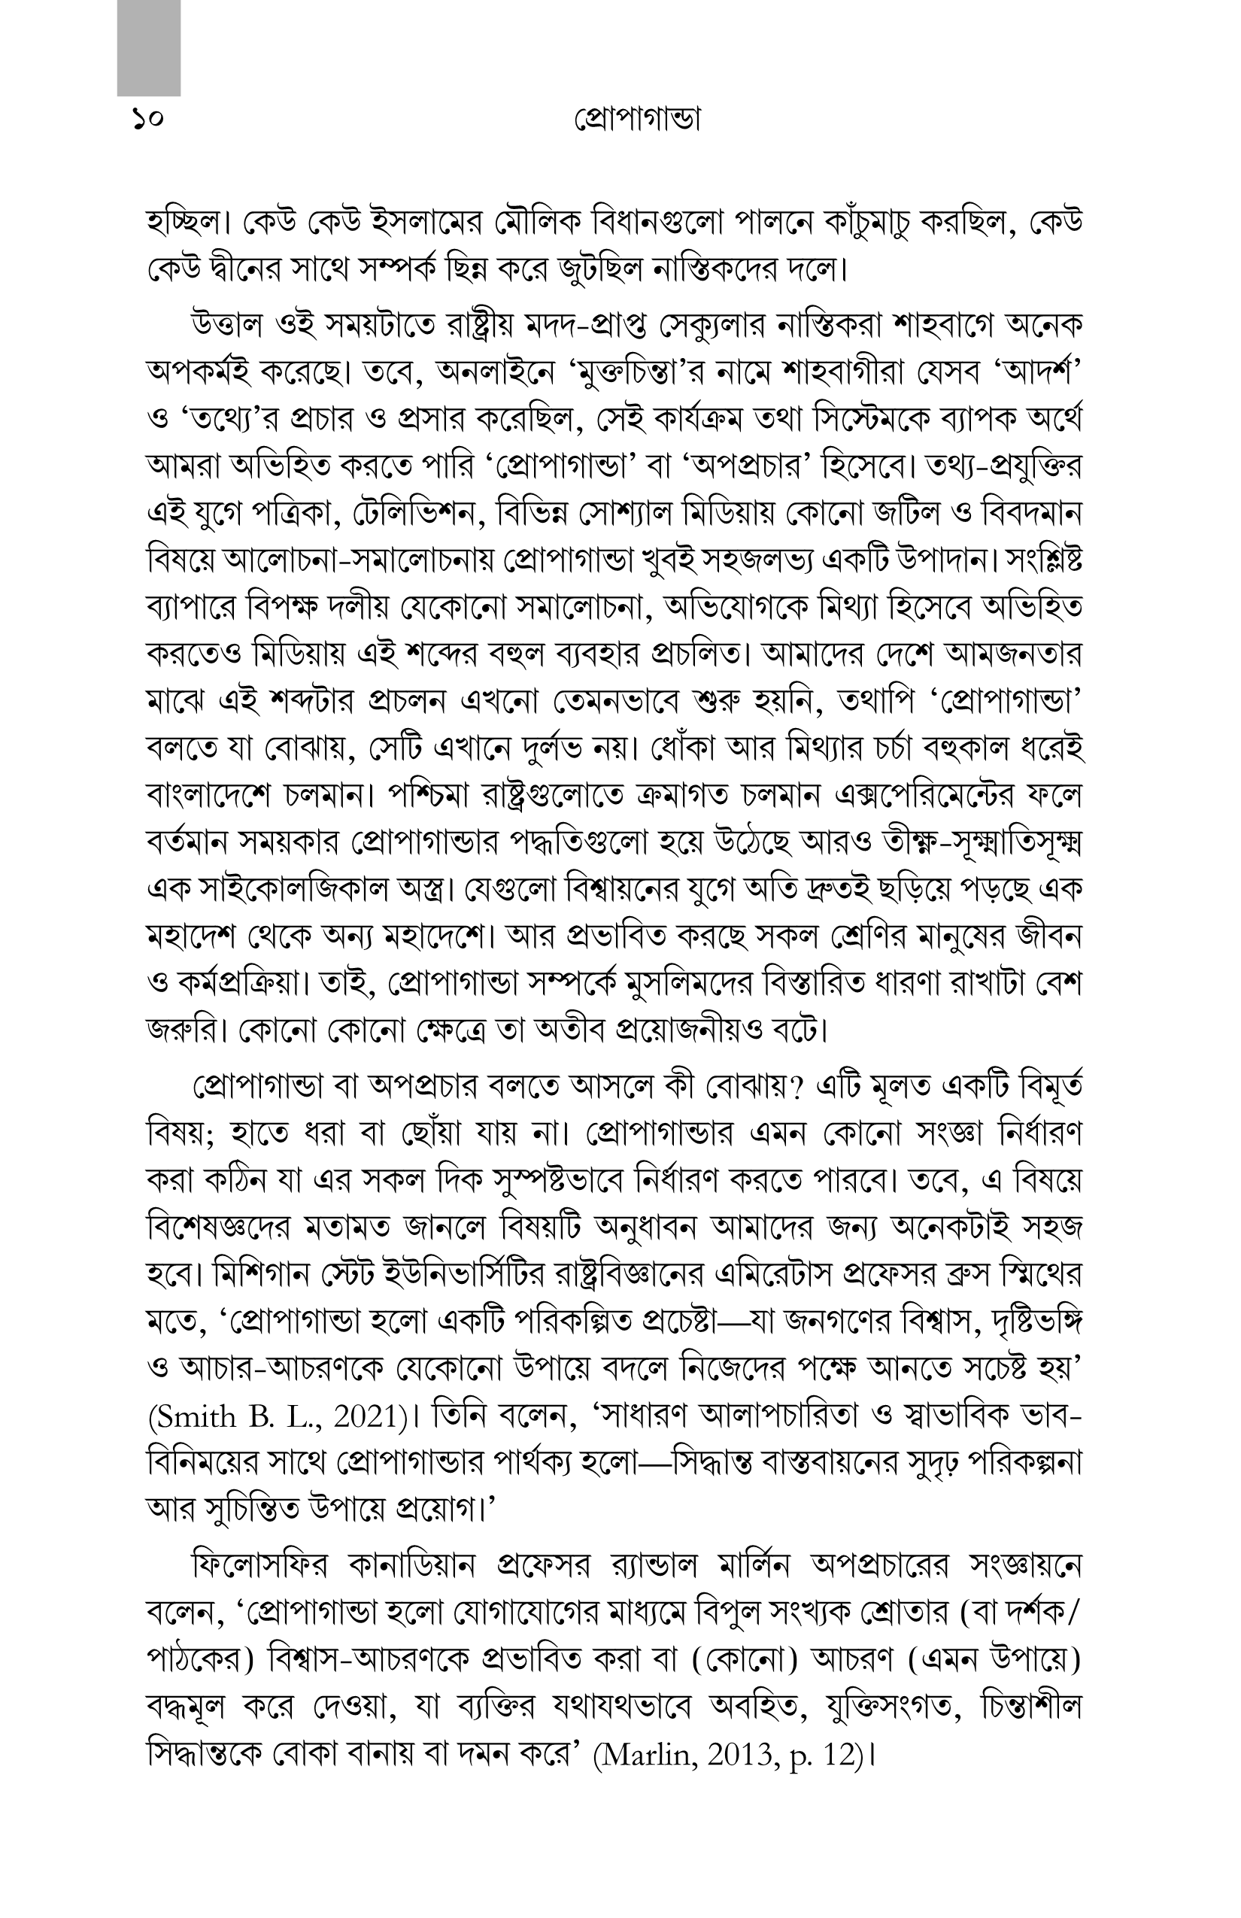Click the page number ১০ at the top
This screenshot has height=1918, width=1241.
point(147,121)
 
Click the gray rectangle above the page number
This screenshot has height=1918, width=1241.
point(148,47)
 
